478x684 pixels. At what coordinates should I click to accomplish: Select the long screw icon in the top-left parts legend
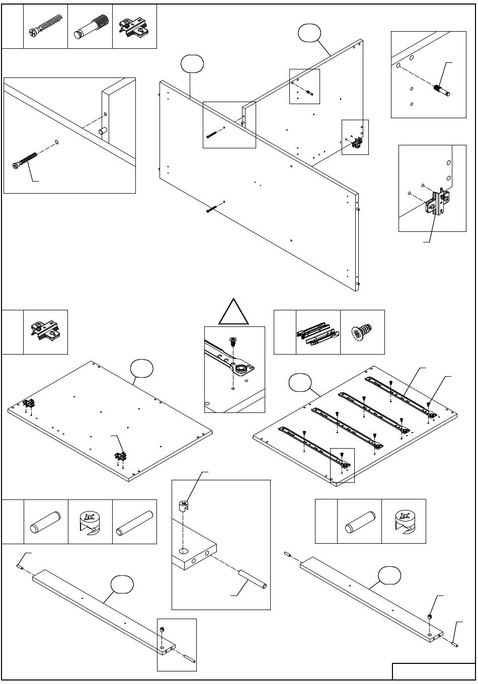pyautogui.click(x=45, y=27)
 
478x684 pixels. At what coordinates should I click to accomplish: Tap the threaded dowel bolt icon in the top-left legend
pyautogui.click(x=91, y=27)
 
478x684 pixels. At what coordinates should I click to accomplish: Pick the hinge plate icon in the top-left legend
pyautogui.click(x=134, y=27)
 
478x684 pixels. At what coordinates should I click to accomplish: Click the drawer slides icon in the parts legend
pyautogui.click(x=318, y=332)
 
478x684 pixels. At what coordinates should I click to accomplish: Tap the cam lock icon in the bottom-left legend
pyautogui.click(x=90, y=522)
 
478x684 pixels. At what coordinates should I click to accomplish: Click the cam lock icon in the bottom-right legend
pyautogui.click(x=404, y=522)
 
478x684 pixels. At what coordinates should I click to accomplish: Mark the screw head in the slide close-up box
pyautogui.click(x=233, y=341)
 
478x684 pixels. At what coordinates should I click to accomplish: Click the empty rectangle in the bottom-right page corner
pyautogui.click(x=434, y=671)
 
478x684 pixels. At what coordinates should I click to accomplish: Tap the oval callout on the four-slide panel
pyautogui.click(x=300, y=383)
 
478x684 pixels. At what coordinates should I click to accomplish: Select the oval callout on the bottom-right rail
pyautogui.click(x=390, y=574)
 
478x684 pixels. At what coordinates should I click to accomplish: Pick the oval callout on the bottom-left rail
pyautogui.click(x=123, y=584)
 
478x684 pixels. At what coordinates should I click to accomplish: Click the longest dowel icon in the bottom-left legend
pyautogui.click(x=134, y=522)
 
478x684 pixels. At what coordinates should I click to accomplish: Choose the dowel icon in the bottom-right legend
pyautogui.click(x=359, y=522)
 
